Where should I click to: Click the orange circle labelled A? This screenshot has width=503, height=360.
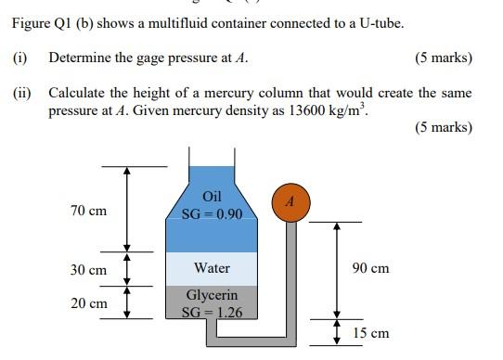pos(290,202)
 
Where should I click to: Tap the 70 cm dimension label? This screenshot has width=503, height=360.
pos(88,212)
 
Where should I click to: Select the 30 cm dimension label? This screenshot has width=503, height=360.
pos(88,270)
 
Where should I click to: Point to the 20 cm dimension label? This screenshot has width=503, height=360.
pos(88,303)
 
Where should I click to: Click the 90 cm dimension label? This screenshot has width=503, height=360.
pos(370,268)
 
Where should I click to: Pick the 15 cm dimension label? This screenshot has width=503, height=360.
pos(370,333)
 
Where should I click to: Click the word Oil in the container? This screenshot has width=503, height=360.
pos(213,197)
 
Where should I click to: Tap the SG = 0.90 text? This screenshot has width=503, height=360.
pos(213,214)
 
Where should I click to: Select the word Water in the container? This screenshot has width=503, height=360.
pos(212,268)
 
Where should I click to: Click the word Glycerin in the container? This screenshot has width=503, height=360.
pos(212,296)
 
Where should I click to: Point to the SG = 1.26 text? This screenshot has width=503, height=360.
pos(212,313)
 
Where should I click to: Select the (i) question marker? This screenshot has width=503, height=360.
pos(19,58)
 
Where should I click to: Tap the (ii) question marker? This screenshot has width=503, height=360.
pos(22,94)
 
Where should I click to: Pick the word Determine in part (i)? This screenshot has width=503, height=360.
pos(78,58)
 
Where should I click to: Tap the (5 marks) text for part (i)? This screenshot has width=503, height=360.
pos(443,58)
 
